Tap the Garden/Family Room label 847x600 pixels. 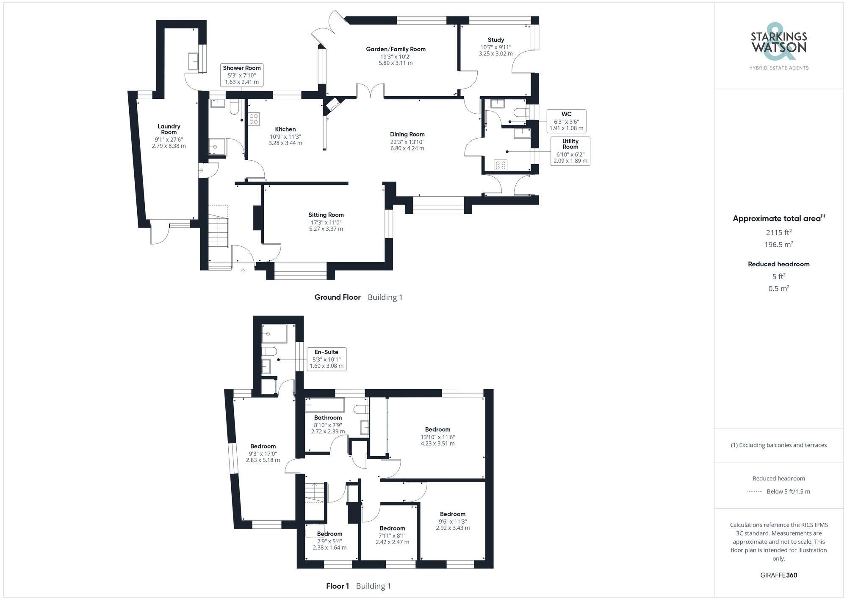click(396, 50)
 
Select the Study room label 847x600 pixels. click(495, 40)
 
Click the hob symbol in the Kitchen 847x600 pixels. click(254, 119)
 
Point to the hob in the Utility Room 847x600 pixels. click(501, 165)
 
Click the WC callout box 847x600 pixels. click(566, 121)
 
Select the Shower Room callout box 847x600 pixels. click(242, 75)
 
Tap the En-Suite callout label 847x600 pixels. click(326, 359)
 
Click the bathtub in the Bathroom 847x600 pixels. click(325, 405)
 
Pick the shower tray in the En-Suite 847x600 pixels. click(274, 334)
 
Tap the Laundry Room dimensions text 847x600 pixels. click(169, 142)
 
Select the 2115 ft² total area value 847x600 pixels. click(778, 232)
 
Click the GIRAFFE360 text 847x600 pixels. click(778, 575)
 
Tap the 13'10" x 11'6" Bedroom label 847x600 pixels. click(437, 436)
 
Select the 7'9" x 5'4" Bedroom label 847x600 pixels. click(329, 541)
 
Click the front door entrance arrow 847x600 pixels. click(243, 271)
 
